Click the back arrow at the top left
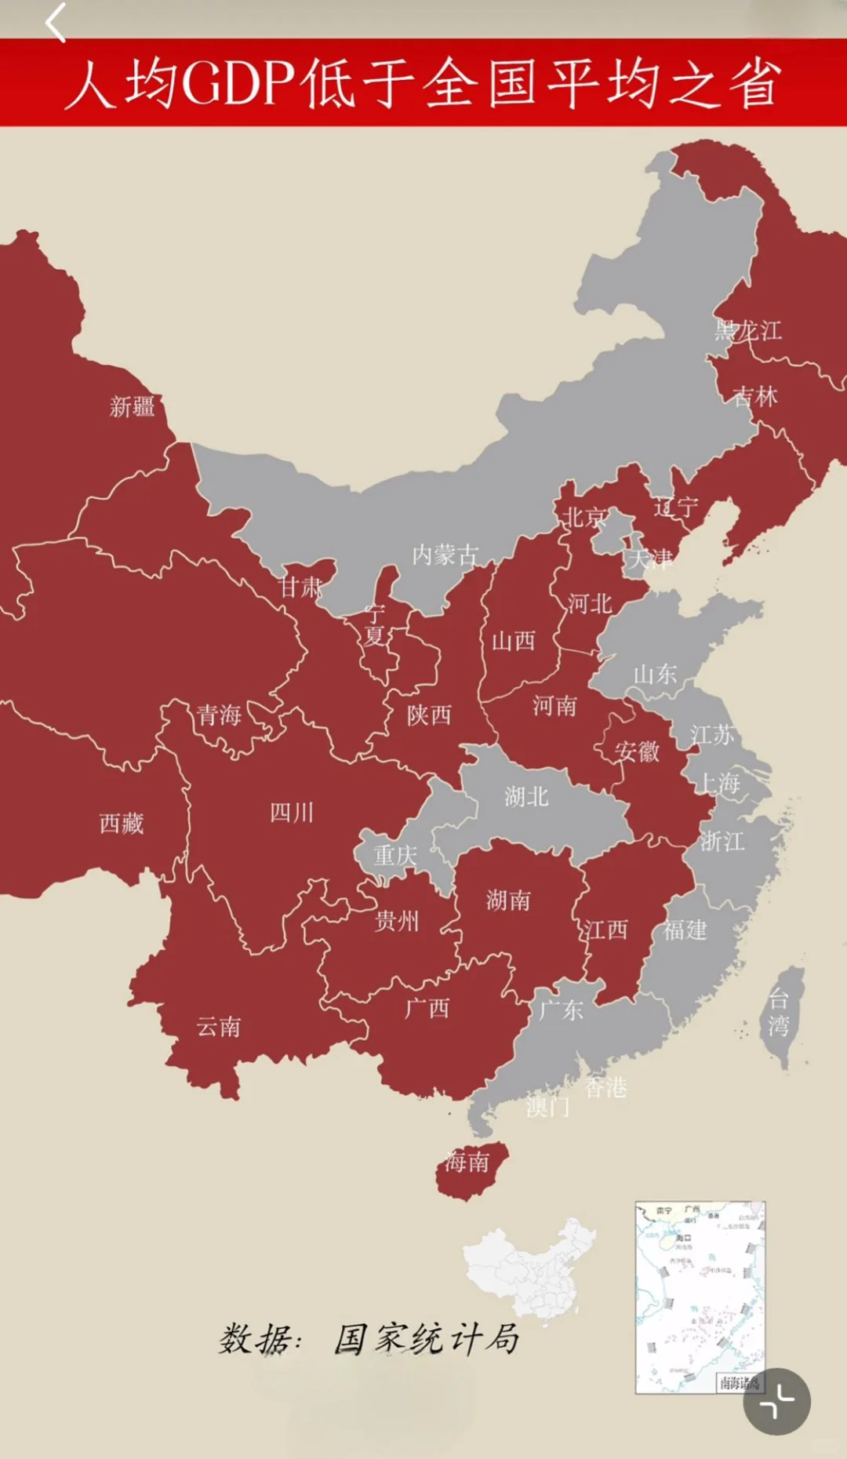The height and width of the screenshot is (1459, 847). (x=55, y=22)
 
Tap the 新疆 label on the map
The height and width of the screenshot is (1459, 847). (x=132, y=407)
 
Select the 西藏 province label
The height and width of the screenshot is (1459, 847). (x=122, y=824)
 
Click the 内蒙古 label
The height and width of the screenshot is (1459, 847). (x=445, y=555)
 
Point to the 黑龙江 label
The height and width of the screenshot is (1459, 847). (x=747, y=330)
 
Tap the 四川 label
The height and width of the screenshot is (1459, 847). (x=292, y=813)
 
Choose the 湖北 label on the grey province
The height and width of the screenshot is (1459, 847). (x=526, y=797)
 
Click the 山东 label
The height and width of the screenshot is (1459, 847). (x=655, y=674)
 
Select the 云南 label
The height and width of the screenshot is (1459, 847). (x=219, y=1026)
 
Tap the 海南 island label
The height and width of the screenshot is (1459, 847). (x=467, y=1162)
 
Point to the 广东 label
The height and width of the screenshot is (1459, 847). (x=562, y=1010)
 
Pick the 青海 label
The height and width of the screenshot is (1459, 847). (x=219, y=715)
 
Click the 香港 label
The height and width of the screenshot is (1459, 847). (x=606, y=1087)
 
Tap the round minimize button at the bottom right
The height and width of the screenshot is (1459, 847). (x=776, y=1402)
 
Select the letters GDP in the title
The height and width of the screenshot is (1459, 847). (x=238, y=83)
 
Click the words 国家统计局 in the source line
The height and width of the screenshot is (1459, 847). (x=427, y=1339)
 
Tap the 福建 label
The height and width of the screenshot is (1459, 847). (x=685, y=930)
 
